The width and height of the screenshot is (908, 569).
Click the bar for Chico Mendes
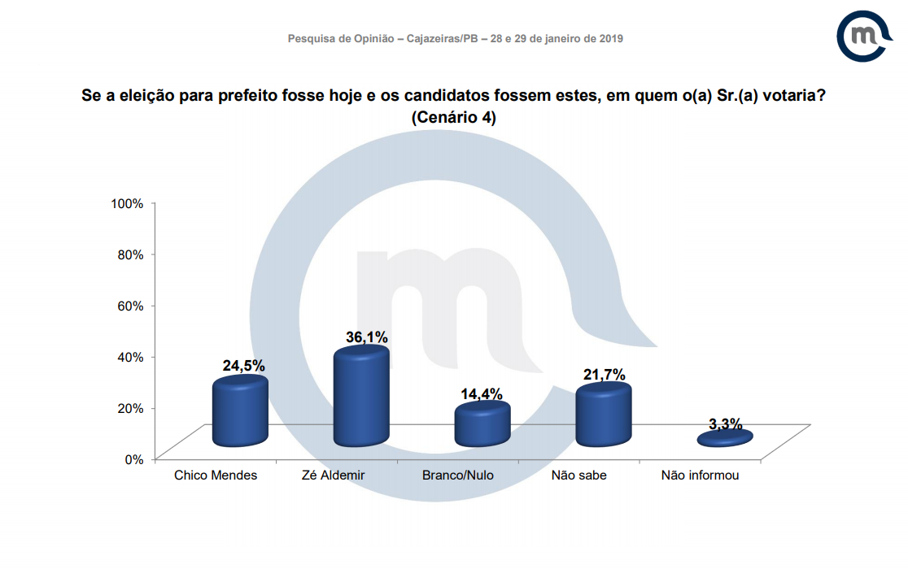point(240,413)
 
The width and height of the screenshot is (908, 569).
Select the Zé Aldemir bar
point(361,397)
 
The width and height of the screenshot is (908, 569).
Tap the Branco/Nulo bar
point(482,424)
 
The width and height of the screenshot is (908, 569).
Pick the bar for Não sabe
point(603,415)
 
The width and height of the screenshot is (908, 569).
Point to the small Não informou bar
point(725,438)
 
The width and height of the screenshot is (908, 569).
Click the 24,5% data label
point(244,366)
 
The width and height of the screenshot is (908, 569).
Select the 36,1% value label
point(366,337)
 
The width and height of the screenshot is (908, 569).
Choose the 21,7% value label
point(604,375)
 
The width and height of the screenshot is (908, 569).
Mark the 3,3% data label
point(725,423)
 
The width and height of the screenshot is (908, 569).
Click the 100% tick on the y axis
point(128,203)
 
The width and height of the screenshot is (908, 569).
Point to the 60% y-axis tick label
point(131,306)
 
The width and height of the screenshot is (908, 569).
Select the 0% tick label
point(134,459)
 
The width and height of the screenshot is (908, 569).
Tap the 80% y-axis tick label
point(131,254)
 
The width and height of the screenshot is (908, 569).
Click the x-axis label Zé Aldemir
point(337,476)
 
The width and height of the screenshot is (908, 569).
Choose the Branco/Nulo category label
point(458,476)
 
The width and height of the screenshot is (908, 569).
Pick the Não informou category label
point(701,476)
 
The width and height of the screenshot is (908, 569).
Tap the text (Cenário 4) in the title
point(454,117)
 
